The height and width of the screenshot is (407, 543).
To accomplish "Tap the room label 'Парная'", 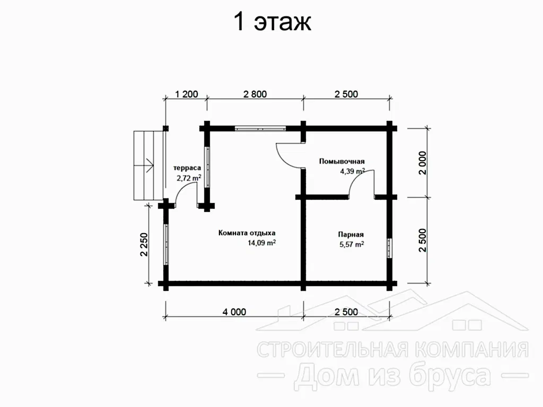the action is pos(351,234).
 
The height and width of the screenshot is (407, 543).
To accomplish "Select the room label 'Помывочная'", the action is pos(342,161).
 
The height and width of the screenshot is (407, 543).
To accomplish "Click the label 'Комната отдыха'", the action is pos(247,233).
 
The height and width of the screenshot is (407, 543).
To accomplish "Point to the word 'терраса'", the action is pos(187,168).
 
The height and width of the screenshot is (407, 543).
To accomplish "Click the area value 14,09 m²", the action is pos(261,243).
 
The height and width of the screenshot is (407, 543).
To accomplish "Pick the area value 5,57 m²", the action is pos(352,244).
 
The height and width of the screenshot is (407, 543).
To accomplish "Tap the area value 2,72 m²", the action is pos(189,178).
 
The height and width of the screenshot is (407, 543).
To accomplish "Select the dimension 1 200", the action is pos(186,94).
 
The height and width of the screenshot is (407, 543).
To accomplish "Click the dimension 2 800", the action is pos(255,94).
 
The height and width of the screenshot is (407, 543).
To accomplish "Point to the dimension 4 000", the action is pos(234,312).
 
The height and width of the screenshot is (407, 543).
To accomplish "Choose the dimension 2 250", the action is pos(144,244).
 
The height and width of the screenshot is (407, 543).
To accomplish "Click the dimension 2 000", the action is pos(423,163).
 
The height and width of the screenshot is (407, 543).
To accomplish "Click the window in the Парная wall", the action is pos(390,248).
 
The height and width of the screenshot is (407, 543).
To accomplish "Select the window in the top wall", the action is pos(260,129).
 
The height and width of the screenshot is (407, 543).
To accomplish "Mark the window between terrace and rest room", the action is pos(207,167).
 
